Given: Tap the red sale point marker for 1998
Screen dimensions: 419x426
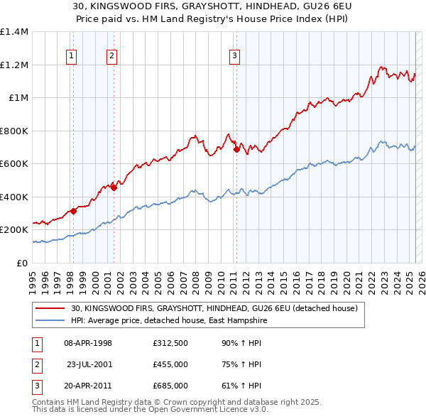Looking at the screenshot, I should tap(72, 212).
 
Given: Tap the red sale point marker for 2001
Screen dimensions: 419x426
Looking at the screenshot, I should tap(113, 188).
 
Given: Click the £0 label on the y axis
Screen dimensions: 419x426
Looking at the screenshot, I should tap(23, 263).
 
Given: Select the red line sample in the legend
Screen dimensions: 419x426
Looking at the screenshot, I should tap(50, 308).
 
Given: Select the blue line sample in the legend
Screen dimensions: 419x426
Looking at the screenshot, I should tap(50, 320).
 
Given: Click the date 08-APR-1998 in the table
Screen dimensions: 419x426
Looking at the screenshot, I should tap(88, 343).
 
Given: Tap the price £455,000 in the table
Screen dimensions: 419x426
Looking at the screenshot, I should tap(170, 364).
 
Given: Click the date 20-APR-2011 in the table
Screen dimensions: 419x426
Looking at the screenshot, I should tap(88, 386).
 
